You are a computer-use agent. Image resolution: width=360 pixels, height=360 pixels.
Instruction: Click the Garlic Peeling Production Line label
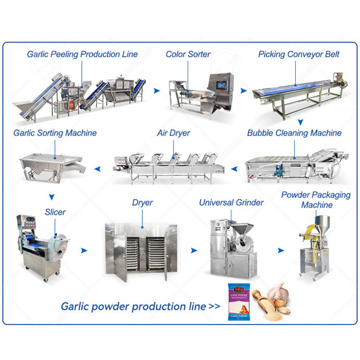point(82,54)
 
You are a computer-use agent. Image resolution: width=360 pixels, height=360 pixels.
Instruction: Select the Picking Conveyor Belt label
point(299,54)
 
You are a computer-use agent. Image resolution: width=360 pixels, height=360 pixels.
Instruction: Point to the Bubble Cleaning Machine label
point(294,133)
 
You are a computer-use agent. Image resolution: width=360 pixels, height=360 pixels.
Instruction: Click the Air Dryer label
point(173,133)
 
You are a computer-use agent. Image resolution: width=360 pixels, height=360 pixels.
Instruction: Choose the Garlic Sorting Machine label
point(55,133)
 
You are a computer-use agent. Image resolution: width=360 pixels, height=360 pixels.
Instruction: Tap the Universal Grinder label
point(231,202)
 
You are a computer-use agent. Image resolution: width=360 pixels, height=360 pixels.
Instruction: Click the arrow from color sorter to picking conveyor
point(243,91)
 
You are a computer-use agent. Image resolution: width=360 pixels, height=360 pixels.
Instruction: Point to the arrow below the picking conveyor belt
point(301,121)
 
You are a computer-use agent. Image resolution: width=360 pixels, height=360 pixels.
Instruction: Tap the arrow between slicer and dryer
point(84,249)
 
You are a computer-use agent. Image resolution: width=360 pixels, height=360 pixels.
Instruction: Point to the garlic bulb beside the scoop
point(276,293)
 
